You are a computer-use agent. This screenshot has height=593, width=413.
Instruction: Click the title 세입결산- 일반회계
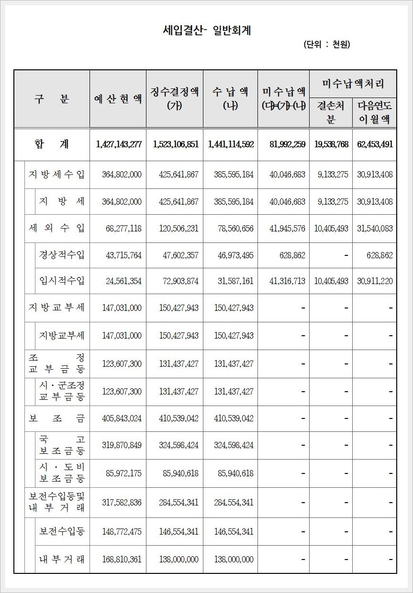pyautogui.click(x=207, y=31)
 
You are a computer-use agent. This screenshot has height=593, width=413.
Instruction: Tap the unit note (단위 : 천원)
pyautogui.click(x=326, y=45)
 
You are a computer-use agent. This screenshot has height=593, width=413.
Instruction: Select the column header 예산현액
pyautogui.click(x=118, y=99)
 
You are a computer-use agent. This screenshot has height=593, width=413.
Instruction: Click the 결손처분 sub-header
pyautogui.click(x=331, y=112)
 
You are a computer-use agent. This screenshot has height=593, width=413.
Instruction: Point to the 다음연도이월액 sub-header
pyautogui.click(x=375, y=112)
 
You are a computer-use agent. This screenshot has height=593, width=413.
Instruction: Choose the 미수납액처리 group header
pyautogui.click(x=353, y=84)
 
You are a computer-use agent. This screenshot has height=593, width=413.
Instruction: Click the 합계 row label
pyautogui.click(x=52, y=144)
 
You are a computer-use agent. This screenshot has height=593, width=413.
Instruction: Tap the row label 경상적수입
pyautogui.click(x=62, y=255)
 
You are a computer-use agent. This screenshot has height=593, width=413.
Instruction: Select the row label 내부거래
pyautogui.click(x=62, y=559)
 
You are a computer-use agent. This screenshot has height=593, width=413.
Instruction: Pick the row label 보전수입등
pyautogui.click(x=62, y=531)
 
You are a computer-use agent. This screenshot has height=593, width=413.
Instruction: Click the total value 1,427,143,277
pyautogui.click(x=119, y=144)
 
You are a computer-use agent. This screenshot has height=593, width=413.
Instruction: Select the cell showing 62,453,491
pyautogui.click(x=375, y=144)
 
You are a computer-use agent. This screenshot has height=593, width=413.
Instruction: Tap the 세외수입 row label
pyautogui.click(x=56, y=228)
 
